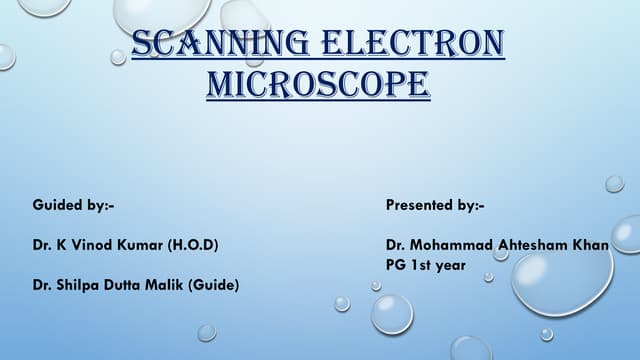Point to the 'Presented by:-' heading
[435, 205]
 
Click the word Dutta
[125, 285]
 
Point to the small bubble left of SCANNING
[118, 57]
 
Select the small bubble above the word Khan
[614, 183]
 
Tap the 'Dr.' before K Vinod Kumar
[43, 245]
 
